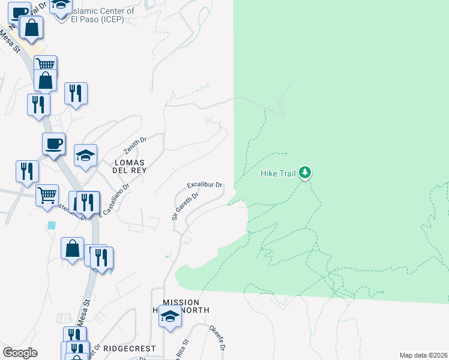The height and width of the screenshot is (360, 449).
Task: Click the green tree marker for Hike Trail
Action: pyautogui.click(x=306, y=173)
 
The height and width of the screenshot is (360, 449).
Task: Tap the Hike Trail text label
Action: pyautogui.click(x=279, y=173)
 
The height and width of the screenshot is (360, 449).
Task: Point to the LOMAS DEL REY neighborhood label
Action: pyautogui.click(x=130, y=166)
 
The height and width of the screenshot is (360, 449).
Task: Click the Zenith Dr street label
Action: pyautogui.click(x=134, y=145)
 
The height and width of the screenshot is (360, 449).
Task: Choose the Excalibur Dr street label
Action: pyautogui.click(x=205, y=185)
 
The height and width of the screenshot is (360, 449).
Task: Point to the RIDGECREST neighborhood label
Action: pyautogui.click(x=129, y=349)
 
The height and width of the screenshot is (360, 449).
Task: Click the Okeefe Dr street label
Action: pyautogui.click(x=217, y=338)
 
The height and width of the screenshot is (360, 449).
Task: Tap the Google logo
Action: pyautogui.click(x=20, y=353)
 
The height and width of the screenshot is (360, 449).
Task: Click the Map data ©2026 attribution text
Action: pyautogui.click(x=423, y=355)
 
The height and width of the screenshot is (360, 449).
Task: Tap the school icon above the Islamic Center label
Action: pyautogui.click(x=60, y=6)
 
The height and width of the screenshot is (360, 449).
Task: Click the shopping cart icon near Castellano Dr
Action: pyautogui.click(x=47, y=194)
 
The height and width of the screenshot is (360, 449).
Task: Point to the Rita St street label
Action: pyautogui.click(x=182, y=349)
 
